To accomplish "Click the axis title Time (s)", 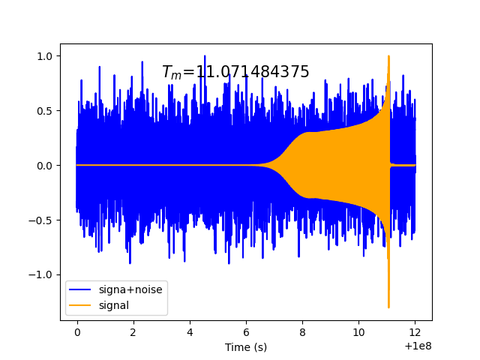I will tap(246, 347).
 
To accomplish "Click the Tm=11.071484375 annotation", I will tap(235, 72).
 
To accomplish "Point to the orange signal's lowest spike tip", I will tap(388, 307).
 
